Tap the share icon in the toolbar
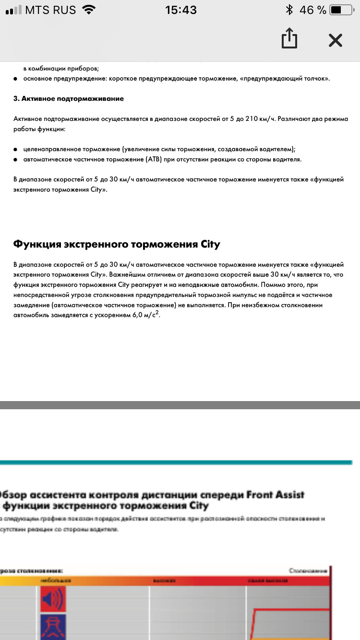pos(289,39)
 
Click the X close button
pos(335,40)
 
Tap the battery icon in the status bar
pos(342,10)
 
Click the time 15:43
pos(181,10)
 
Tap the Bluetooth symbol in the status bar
pos(289,10)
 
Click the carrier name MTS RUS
pos(50,10)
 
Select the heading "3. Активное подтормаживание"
pos(69,98)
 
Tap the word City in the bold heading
pos(209,244)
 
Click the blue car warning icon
pos(52,627)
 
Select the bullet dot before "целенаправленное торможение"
pos(16,149)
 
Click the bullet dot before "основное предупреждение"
pos(16,78)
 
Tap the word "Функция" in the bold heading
pos(37,244)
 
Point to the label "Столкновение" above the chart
pos(308,570)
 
